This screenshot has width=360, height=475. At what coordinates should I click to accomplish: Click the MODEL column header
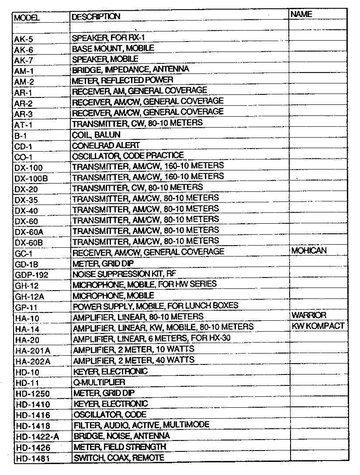point(27,18)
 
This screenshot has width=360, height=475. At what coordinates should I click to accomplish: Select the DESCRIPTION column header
point(96,17)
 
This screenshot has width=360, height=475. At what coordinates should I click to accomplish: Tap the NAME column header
point(301,14)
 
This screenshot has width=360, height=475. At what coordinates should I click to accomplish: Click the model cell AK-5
point(24,39)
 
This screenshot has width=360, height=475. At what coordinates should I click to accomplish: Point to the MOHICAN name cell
point(308,251)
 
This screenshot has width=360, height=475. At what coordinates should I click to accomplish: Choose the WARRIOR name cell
point(308,315)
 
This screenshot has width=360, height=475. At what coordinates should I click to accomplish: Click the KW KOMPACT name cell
point(318,326)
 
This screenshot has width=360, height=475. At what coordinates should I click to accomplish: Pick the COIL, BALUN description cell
point(96,135)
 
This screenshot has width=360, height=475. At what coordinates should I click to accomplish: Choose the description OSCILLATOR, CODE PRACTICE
point(128,156)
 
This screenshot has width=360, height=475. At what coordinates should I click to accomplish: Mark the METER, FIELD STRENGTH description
point(120,447)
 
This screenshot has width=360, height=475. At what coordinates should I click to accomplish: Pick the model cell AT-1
point(24,124)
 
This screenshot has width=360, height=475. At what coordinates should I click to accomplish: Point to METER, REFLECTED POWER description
point(122,80)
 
